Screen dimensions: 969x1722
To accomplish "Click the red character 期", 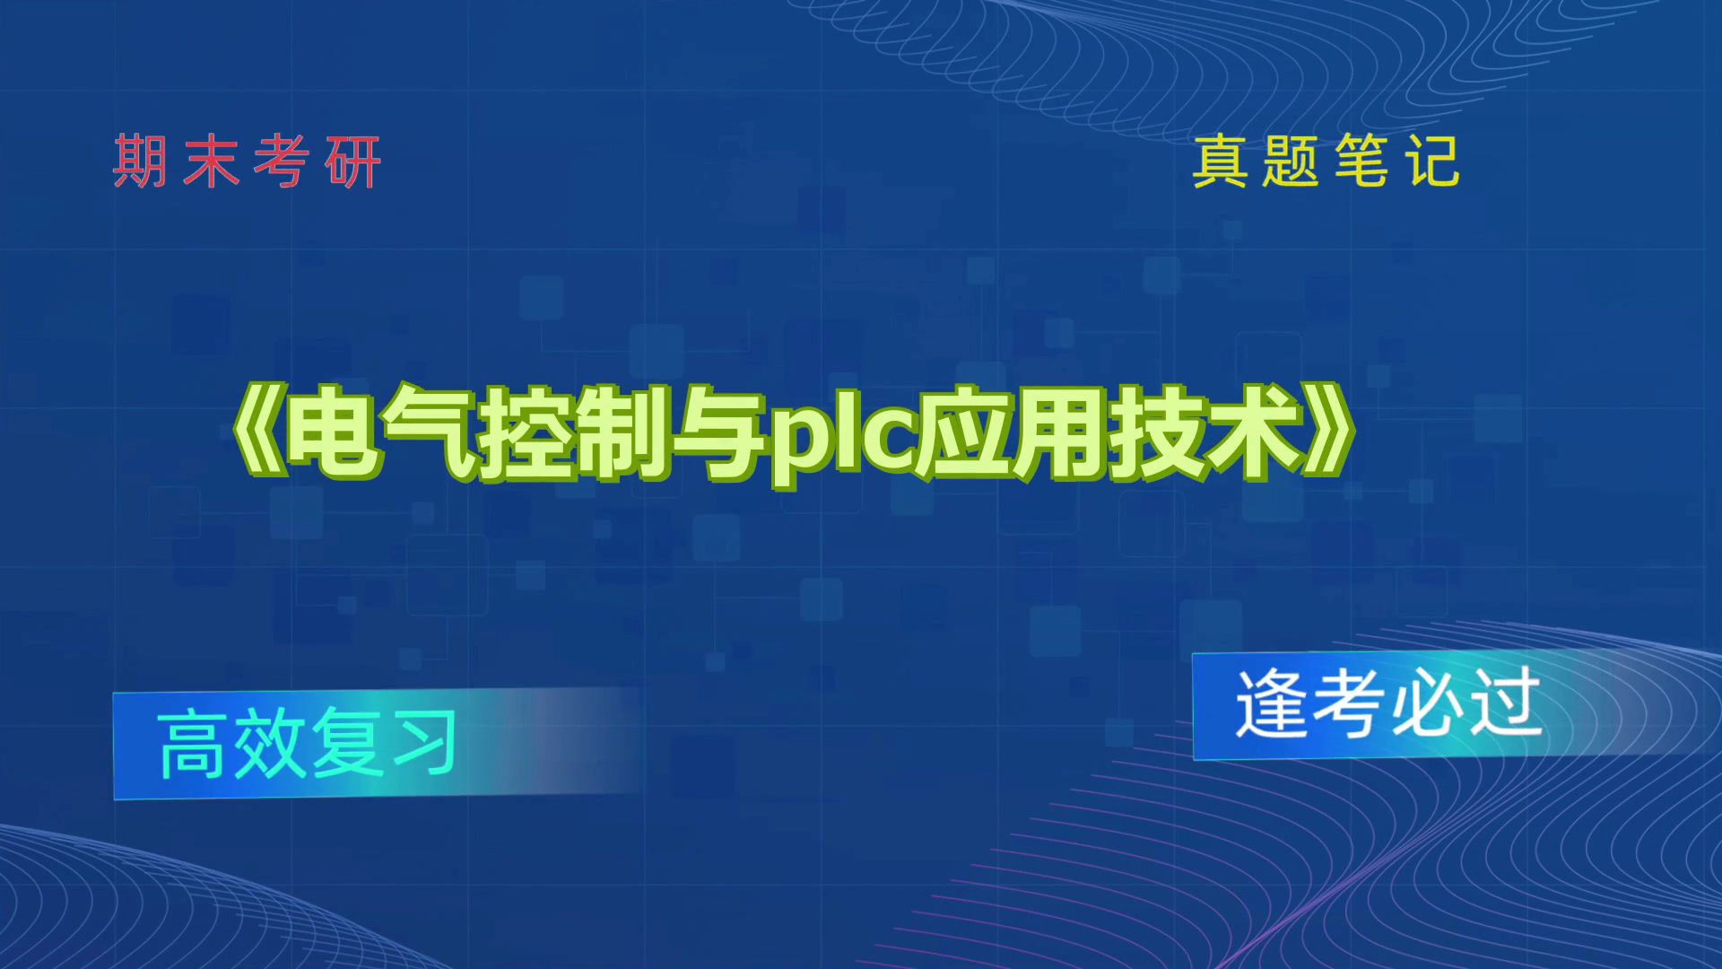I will (x=140, y=162).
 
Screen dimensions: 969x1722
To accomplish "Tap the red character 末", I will (x=212, y=162).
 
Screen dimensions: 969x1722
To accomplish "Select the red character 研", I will (x=353, y=162).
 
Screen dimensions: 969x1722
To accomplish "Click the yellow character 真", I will (x=1220, y=162).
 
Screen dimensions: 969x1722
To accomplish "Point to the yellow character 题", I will (x=1291, y=162).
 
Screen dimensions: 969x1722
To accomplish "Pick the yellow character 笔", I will (x=1361, y=162).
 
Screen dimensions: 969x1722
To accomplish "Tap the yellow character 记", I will (x=1432, y=162).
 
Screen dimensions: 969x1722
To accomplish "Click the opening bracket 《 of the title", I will (x=255, y=432).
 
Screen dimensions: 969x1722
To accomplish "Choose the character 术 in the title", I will (x=1254, y=432).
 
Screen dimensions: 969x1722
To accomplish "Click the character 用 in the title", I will (x=1058, y=432).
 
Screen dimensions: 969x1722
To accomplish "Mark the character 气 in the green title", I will (x=429, y=432).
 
